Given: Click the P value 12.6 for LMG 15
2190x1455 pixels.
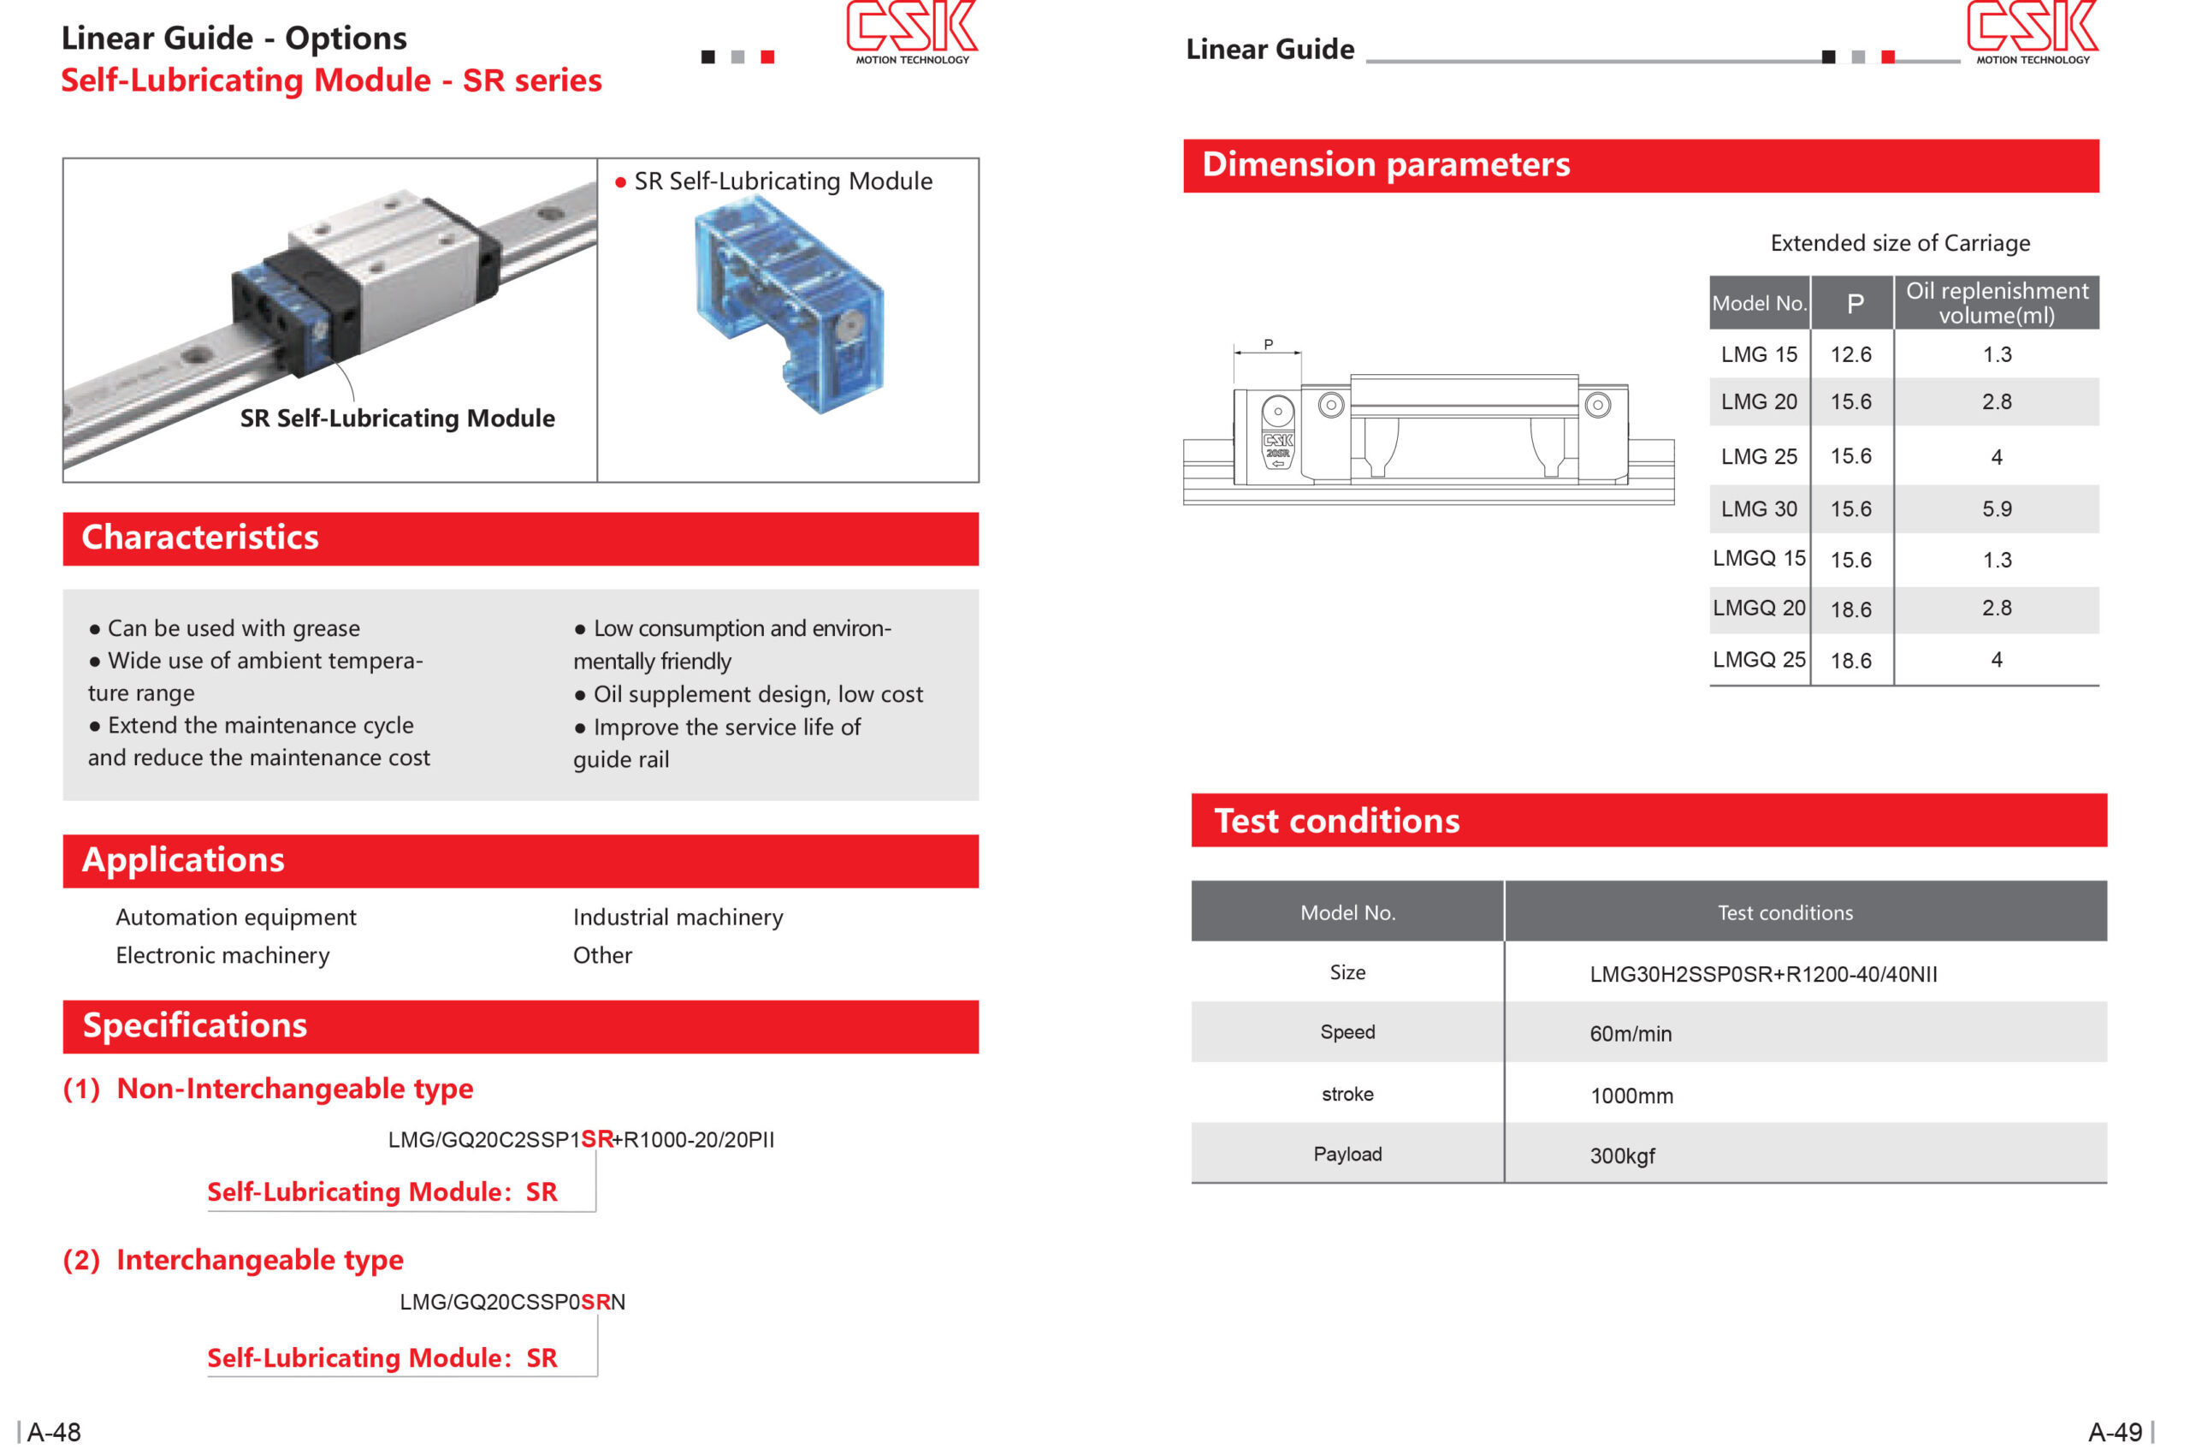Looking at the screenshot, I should tap(1850, 354).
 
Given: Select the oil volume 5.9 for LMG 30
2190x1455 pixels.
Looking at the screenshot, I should tap(1996, 509).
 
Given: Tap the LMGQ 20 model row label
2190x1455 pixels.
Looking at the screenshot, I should tap(1758, 609).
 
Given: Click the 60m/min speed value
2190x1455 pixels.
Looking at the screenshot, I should tap(1630, 1034).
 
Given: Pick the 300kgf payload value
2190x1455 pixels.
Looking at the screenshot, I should tap(1621, 1156).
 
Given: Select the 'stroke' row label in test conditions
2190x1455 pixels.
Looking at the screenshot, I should tap(1347, 1095).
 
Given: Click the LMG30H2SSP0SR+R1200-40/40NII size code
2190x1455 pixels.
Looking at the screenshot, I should tap(1762, 974).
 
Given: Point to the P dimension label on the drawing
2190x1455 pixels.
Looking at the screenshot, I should tap(1268, 345).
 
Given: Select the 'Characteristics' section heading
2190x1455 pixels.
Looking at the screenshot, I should tap(200, 538).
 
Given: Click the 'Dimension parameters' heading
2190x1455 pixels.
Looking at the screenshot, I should tap(1386, 165).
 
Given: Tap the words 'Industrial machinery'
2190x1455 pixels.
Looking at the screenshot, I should tap(678, 918).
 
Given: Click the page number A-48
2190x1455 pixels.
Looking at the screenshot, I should tap(54, 1432).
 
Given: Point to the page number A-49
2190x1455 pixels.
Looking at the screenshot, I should tap(2114, 1432).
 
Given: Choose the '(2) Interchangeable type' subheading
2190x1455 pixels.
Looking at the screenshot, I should tap(233, 1260).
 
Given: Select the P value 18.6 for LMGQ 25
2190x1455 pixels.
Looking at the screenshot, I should tap(1850, 661).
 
